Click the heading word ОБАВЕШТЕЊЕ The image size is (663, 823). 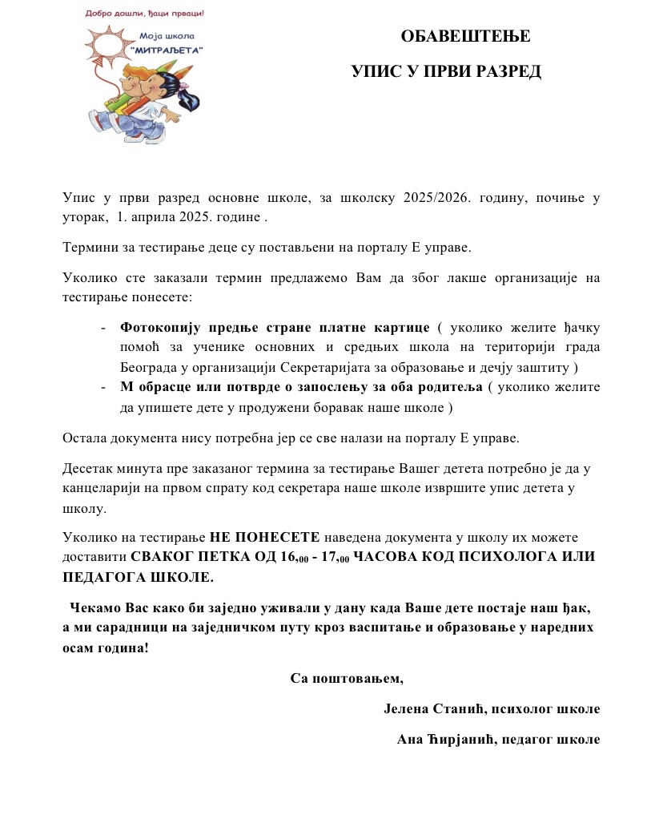(x=465, y=36)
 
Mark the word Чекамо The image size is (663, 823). (x=94, y=607)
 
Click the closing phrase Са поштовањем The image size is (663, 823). (x=347, y=679)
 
